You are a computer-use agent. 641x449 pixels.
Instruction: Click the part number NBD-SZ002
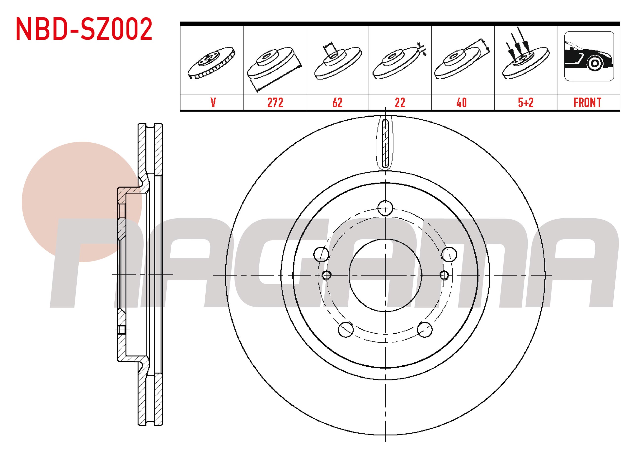click(84, 29)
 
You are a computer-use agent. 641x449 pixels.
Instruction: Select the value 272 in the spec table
click(275, 103)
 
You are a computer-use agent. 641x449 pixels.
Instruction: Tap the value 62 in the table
click(337, 103)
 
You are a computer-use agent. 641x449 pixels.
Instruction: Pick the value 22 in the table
click(400, 103)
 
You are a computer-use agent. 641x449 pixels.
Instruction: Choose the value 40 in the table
click(462, 103)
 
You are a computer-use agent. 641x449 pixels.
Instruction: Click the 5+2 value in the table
click(526, 103)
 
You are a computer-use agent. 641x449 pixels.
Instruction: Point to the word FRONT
click(588, 103)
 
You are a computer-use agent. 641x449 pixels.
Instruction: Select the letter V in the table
click(213, 103)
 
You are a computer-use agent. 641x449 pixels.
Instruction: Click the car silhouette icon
click(589, 56)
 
